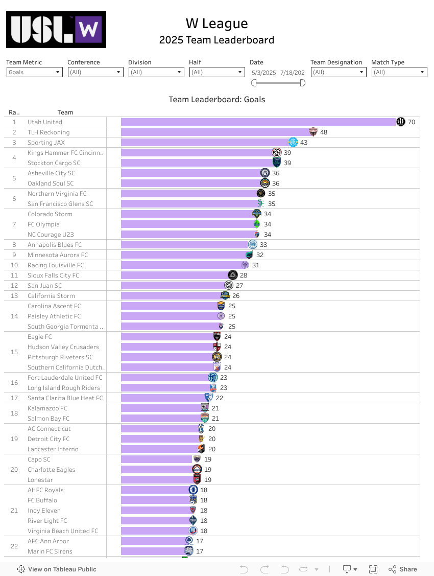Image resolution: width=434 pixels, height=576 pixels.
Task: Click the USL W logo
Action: point(56,30)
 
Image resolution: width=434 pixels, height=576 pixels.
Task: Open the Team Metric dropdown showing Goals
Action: point(34,72)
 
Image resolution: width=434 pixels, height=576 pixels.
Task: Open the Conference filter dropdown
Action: point(95,72)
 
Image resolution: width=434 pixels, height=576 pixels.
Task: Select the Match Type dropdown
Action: point(399,72)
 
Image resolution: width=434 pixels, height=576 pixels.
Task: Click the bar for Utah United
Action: point(258,122)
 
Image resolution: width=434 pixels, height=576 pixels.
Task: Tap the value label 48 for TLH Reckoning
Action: point(324,132)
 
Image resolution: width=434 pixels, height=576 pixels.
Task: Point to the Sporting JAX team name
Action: point(46,143)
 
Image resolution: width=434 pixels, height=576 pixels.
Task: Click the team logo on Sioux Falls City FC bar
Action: point(233,275)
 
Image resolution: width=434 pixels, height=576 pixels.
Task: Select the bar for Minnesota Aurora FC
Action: point(184,255)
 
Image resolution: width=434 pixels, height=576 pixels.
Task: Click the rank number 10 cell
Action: point(14,265)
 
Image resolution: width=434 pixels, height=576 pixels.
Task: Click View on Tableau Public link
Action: point(57,569)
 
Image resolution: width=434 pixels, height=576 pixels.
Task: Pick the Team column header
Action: point(65,112)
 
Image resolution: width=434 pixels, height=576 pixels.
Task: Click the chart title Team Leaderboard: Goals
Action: point(217,100)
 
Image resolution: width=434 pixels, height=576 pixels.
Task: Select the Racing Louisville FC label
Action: point(56,265)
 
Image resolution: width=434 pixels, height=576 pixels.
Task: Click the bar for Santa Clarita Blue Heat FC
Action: point(163,398)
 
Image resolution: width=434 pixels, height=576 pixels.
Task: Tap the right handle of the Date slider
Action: point(302,83)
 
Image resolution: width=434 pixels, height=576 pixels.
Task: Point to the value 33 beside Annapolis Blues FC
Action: point(263,245)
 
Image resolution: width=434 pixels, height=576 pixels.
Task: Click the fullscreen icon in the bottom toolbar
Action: point(373,569)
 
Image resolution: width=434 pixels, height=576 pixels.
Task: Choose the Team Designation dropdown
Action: point(338,72)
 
